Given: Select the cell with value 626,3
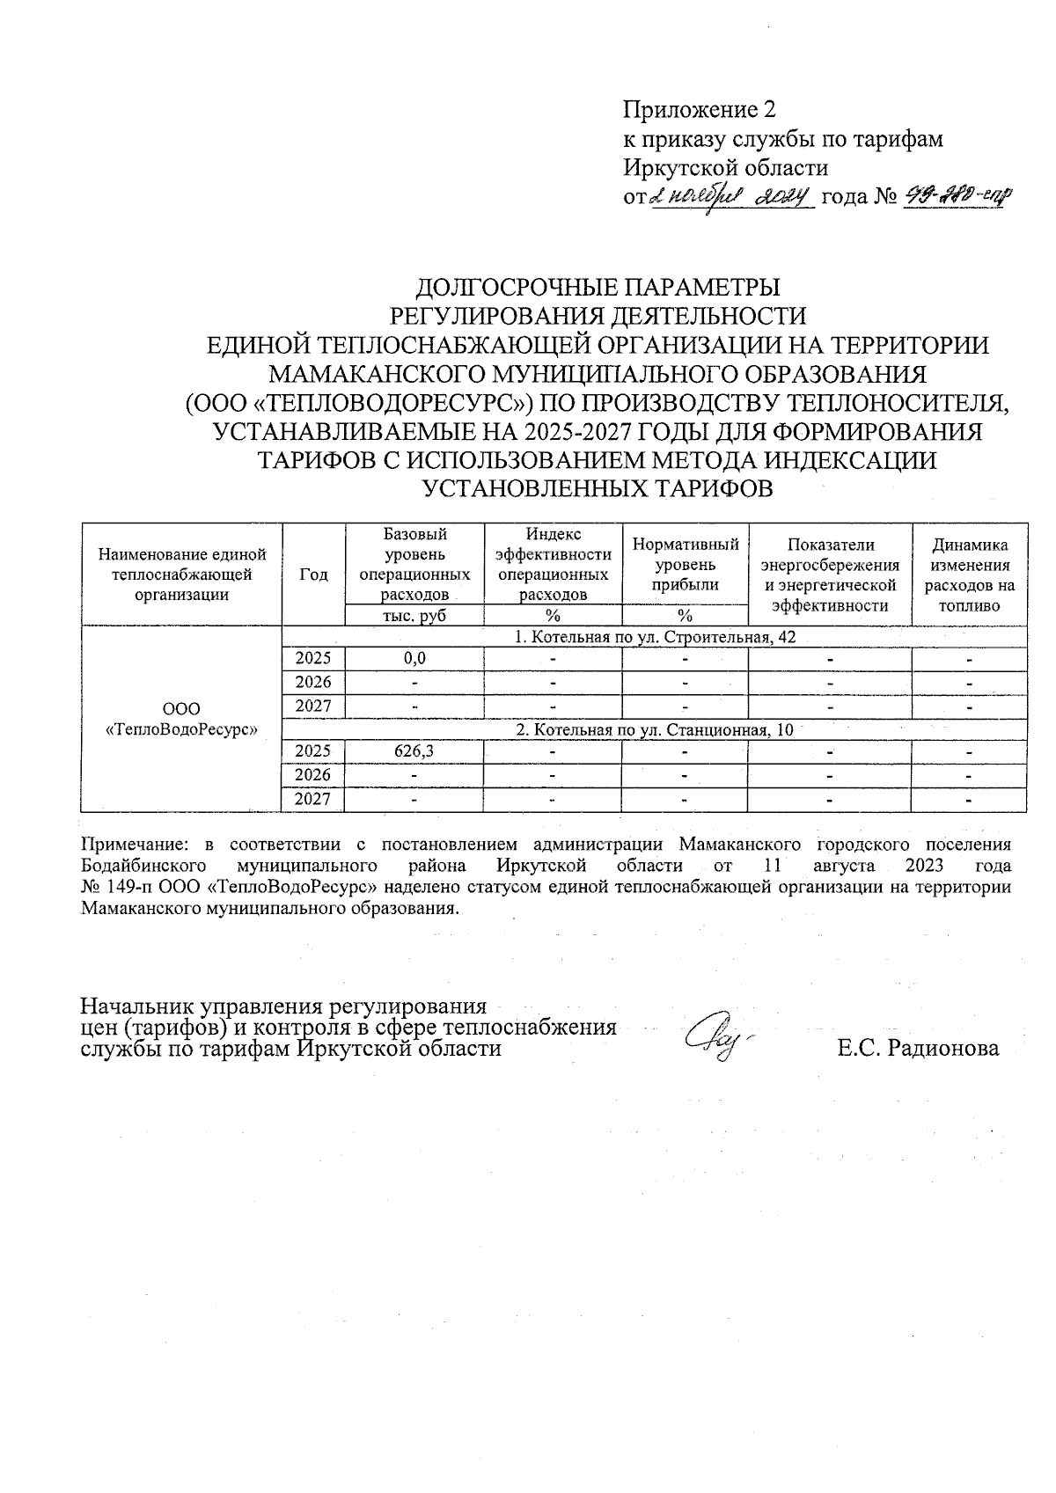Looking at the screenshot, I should [x=414, y=751].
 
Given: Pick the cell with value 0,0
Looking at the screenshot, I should [x=414, y=658].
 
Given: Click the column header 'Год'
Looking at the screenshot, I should [x=313, y=575].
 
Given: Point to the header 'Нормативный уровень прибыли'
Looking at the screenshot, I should [x=685, y=565].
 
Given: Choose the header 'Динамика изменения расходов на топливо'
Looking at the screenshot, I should [x=969, y=575].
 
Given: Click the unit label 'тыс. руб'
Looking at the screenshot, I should [x=414, y=616].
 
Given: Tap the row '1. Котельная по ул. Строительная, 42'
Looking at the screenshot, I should [x=655, y=637].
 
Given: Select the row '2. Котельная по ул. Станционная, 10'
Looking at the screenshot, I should [x=655, y=729].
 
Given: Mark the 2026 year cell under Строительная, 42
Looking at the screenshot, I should [x=313, y=682].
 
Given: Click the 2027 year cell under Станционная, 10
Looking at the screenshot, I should [x=313, y=799].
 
